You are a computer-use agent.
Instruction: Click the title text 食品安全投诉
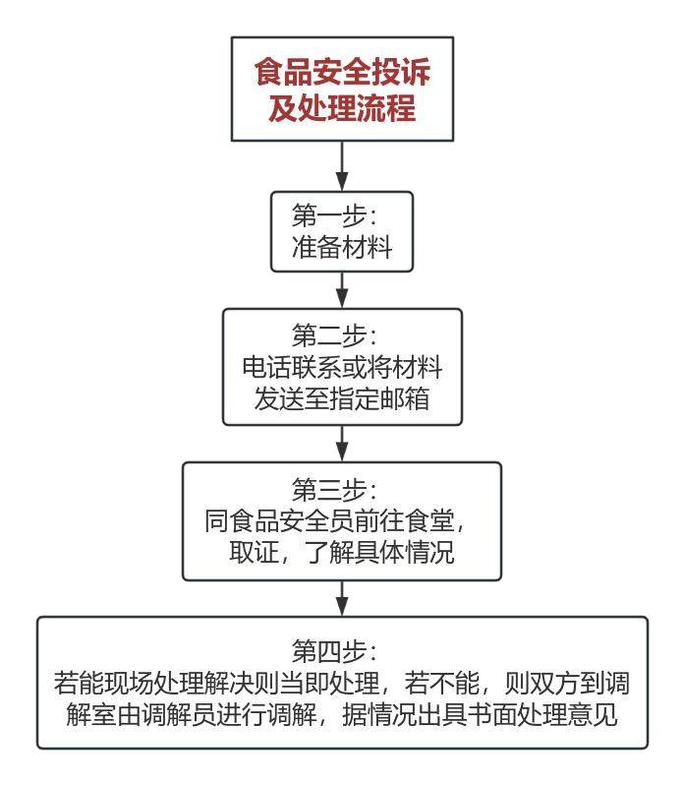(342, 73)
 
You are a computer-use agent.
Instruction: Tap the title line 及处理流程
(342, 108)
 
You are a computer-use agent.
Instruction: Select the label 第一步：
(342, 214)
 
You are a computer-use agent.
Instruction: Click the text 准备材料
(342, 247)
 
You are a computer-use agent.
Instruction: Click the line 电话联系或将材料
(342, 367)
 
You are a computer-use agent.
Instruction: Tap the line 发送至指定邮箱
(342, 399)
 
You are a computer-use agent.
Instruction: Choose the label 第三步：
(342, 488)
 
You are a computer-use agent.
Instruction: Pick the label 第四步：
(342, 650)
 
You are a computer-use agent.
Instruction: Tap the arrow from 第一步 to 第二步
(342, 289)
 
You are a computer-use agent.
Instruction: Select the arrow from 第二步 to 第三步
(342, 443)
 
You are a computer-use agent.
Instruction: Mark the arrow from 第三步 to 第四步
(342, 597)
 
